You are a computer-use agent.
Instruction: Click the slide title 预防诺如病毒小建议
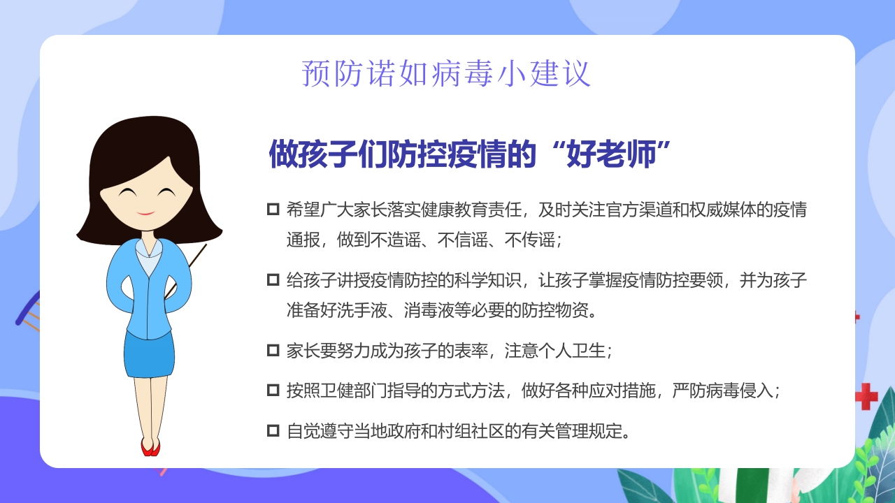tap(446, 73)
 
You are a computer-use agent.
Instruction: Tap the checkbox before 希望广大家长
tap(273, 210)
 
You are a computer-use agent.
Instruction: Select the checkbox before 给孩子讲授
tap(273, 280)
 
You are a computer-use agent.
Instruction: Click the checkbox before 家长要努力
tap(273, 350)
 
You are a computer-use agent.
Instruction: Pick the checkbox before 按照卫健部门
tap(273, 390)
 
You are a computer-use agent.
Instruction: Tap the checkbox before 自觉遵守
tap(273, 430)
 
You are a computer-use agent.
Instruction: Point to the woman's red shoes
tap(150, 447)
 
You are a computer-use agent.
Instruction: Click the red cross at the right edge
tap(866, 396)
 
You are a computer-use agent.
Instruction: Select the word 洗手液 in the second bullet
tap(361, 309)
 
